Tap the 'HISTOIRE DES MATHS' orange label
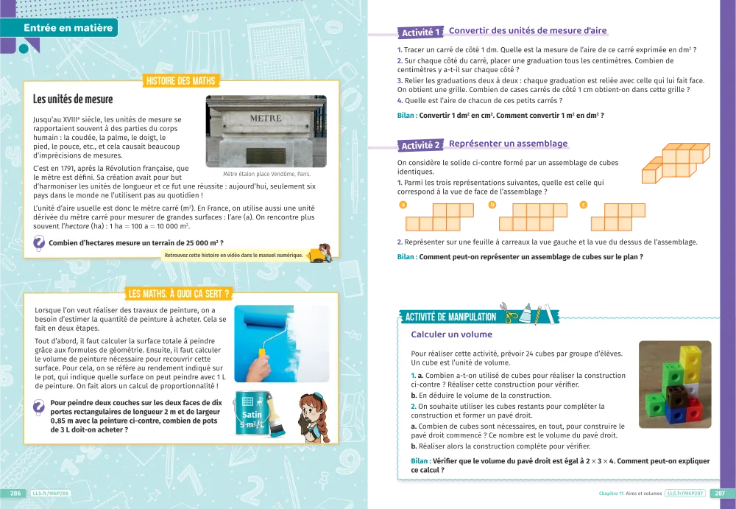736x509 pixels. click(x=181, y=81)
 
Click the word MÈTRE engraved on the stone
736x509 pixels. click(x=266, y=119)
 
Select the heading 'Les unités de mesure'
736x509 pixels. click(x=73, y=99)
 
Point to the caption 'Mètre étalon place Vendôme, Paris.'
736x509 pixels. click(x=266, y=174)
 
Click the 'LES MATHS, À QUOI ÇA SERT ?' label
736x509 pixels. click(x=180, y=294)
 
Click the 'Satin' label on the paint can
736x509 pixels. click(x=252, y=415)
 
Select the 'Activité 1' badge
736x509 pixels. click(x=420, y=32)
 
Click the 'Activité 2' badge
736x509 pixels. click(x=420, y=145)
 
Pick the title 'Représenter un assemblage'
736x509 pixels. click(x=509, y=144)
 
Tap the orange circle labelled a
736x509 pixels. click(x=403, y=205)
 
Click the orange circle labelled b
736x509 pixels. click(x=492, y=205)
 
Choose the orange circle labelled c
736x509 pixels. click(x=584, y=205)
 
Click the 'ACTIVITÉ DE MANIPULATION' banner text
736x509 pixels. click(x=450, y=317)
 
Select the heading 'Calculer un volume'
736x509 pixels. click(x=452, y=334)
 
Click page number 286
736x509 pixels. click(x=15, y=494)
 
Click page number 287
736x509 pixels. click(x=720, y=494)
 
